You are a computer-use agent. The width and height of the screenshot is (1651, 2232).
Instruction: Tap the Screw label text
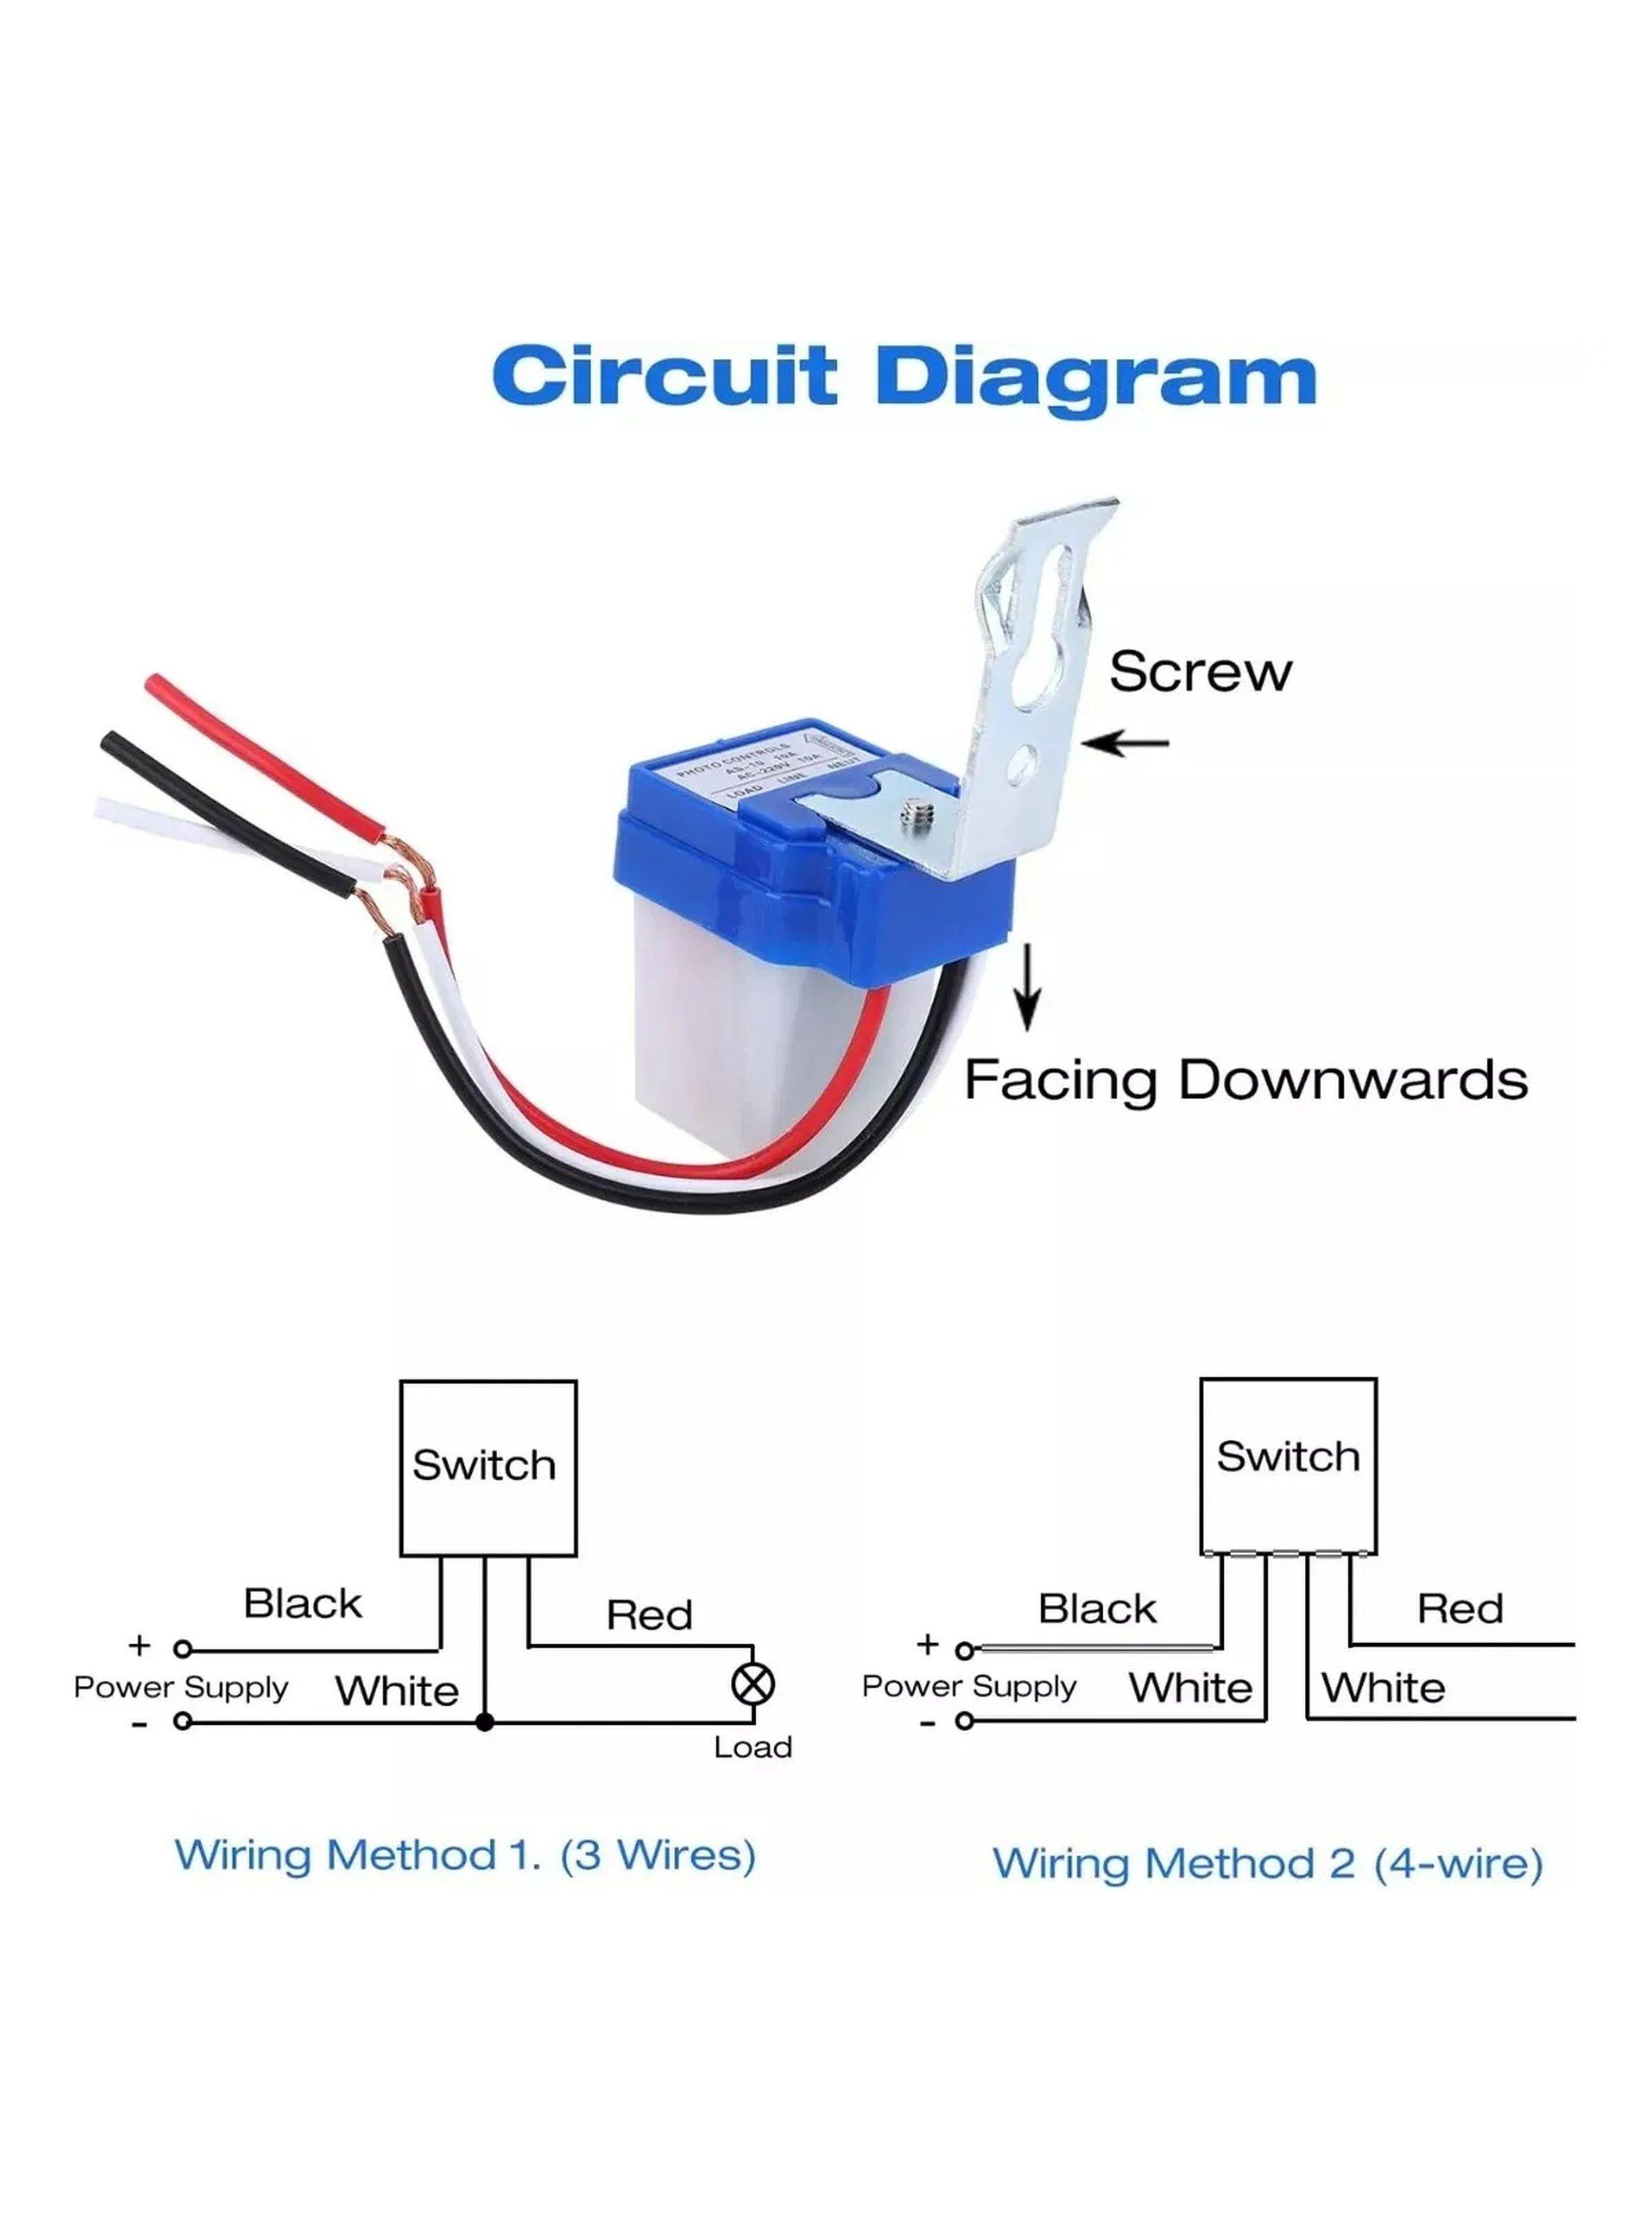[x=1199, y=671]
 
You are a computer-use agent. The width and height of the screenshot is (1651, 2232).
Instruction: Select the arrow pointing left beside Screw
[x=1125, y=743]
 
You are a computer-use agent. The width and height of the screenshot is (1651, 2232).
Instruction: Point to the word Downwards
[x=1354, y=1081]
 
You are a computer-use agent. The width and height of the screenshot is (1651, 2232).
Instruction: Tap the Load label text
[x=751, y=1747]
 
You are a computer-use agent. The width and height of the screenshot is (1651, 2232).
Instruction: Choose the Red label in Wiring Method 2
[x=1459, y=1608]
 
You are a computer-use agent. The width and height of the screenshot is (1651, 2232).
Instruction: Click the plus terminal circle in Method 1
[x=182, y=1650]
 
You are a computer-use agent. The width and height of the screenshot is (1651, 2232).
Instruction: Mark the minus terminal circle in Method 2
[x=963, y=1720]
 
